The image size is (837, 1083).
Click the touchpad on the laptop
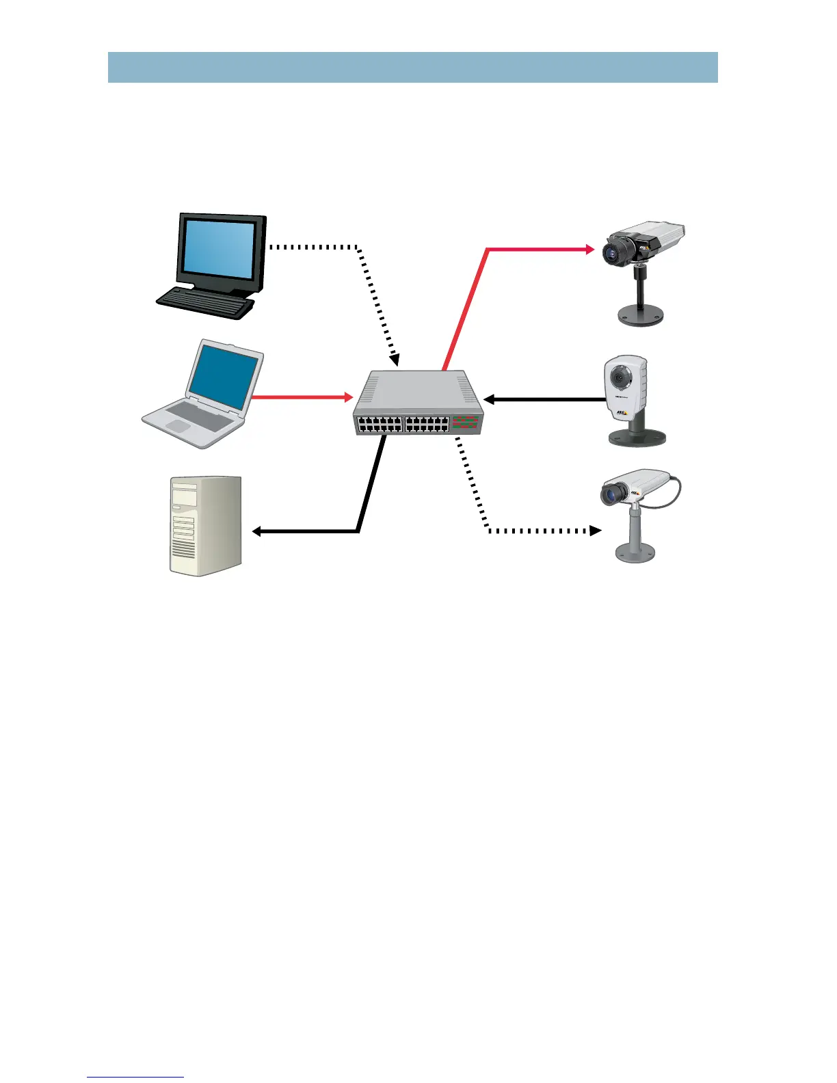178,426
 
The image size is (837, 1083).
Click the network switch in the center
418,404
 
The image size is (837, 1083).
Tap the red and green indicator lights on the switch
465,423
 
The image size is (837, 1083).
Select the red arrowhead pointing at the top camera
590,250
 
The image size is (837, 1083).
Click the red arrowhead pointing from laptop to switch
348,397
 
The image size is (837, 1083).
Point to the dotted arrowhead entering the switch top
395,360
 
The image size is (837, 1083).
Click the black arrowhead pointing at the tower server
257,531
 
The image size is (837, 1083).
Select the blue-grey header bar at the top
412,67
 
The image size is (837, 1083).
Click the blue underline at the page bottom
135,1077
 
